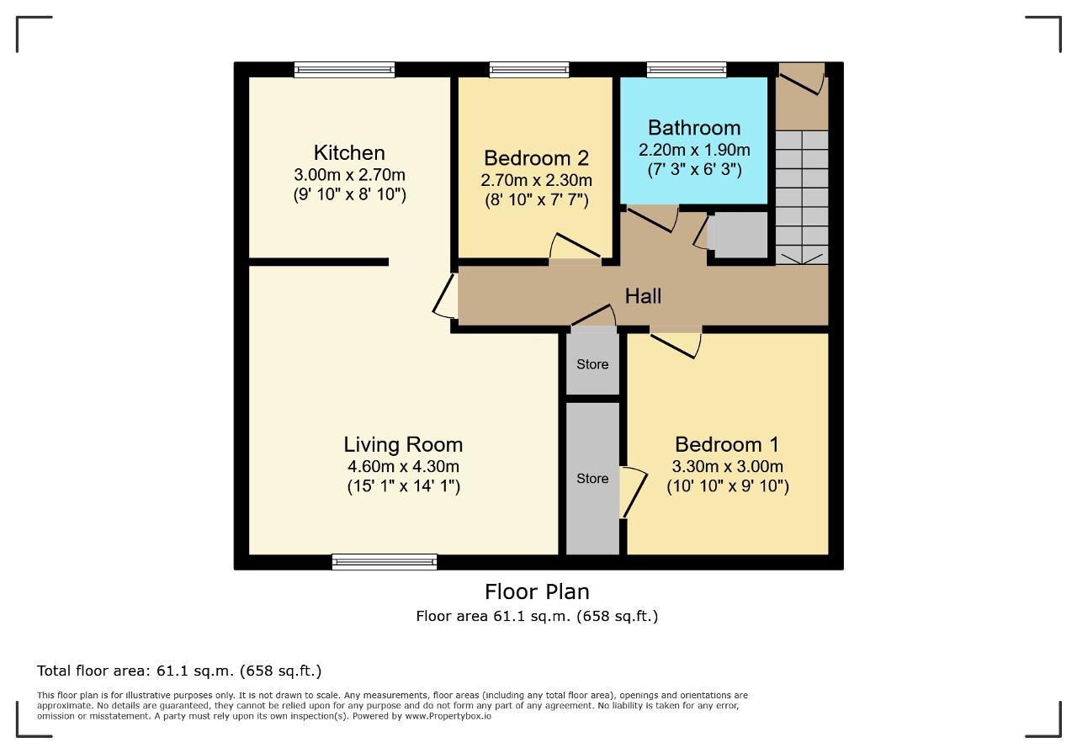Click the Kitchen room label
[x=349, y=153]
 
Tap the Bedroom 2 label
[x=536, y=158]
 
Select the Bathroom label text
[x=694, y=128]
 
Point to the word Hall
[x=643, y=296]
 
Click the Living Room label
[x=403, y=445]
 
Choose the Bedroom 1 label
[x=727, y=444]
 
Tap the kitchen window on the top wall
[x=344, y=70]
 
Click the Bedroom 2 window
[x=529, y=70]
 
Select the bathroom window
[x=686, y=70]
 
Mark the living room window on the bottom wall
[x=385, y=562]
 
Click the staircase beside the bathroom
[x=802, y=197]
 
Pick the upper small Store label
[x=592, y=364]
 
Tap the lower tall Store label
[x=592, y=479]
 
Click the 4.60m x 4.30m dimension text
[x=403, y=466]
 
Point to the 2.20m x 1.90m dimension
[x=694, y=150]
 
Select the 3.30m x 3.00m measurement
[x=727, y=466]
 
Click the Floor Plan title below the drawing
[x=537, y=592]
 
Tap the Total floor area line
[x=179, y=671]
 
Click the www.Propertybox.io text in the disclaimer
[x=448, y=717]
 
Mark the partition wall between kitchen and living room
[x=318, y=262]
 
